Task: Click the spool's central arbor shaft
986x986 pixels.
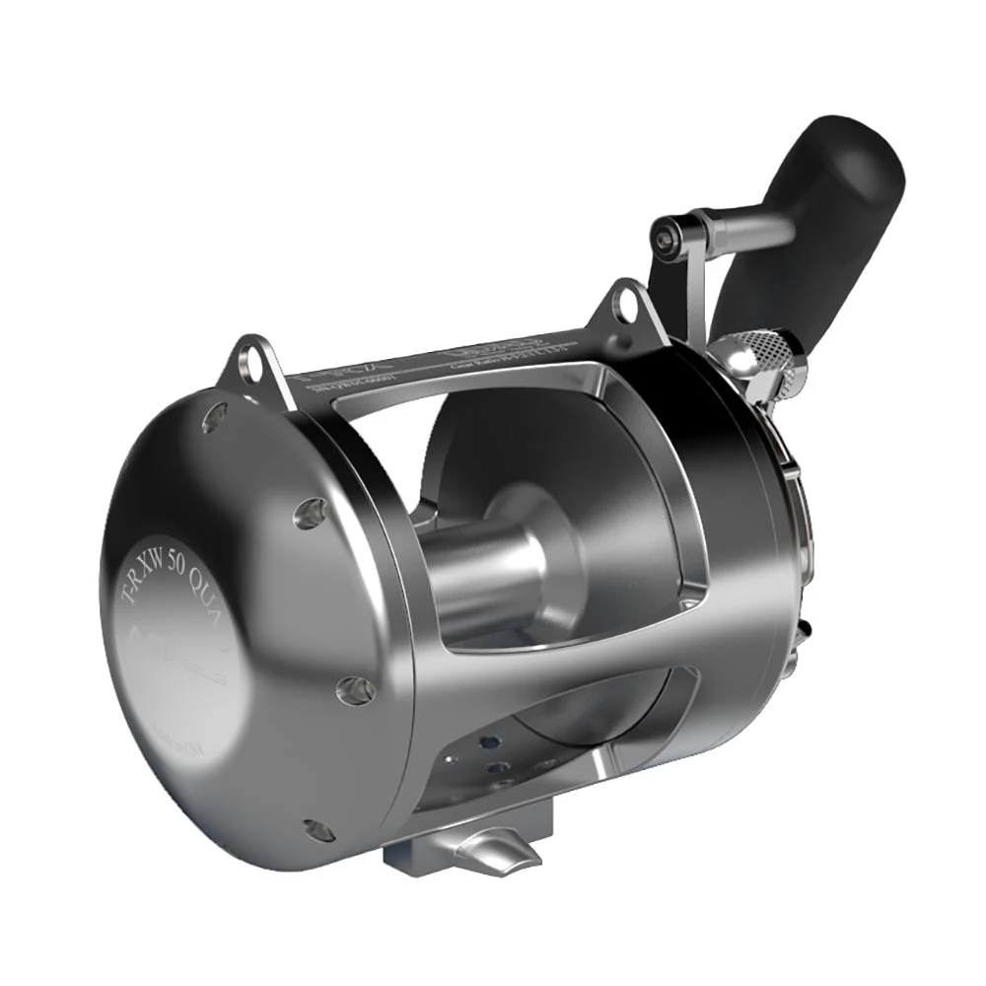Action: (483, 582)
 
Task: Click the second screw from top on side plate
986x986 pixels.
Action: (313, 513)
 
